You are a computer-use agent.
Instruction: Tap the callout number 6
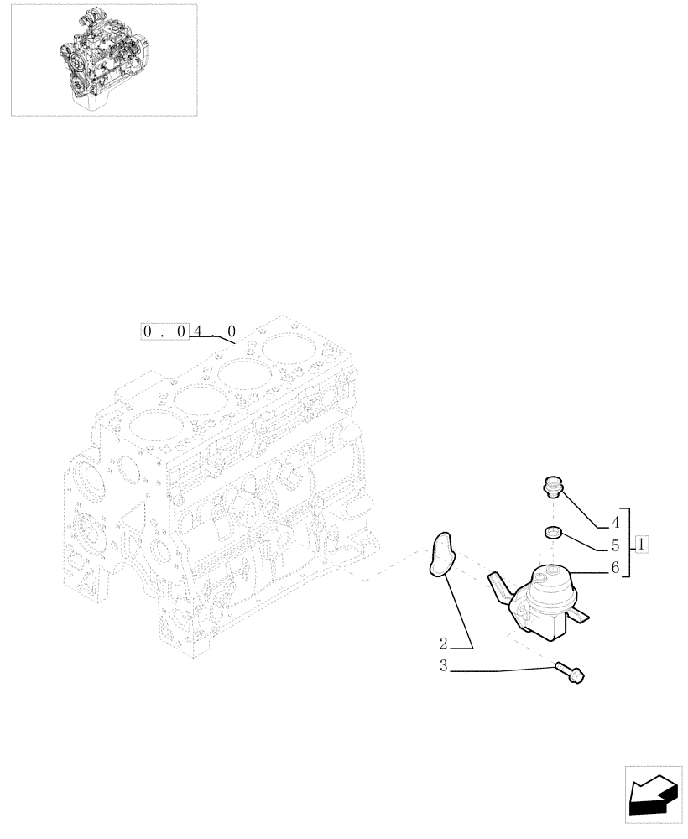click(x=614, y=568)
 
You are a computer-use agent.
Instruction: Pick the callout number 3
click(x=444, y=668)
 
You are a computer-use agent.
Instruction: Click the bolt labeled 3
click(x=570, y=670)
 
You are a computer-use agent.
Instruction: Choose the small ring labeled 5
click(x=551, y=531)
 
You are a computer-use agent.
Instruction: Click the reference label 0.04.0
click(x=191, y=331)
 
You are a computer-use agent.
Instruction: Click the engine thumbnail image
click(x=104, y=59)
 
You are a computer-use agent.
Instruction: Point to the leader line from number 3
click(x=503, y=670)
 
